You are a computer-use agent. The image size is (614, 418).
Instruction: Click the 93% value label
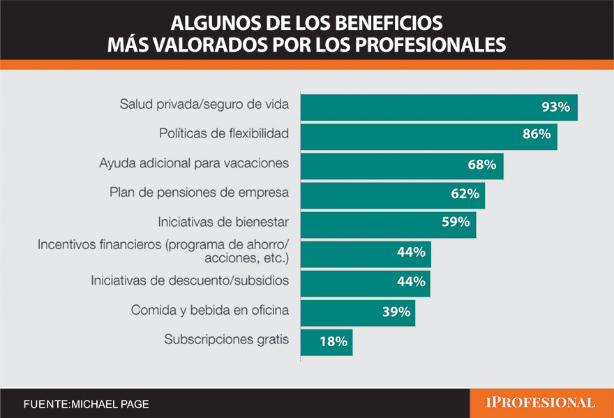(x=556, y=107)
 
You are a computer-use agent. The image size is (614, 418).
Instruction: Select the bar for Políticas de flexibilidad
(x=428, y=135)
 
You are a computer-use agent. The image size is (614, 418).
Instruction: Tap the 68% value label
(x=481, y=165)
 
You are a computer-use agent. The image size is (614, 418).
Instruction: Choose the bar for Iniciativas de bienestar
(x=388, y=225)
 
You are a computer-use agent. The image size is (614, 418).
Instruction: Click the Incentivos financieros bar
(x=365, y=253)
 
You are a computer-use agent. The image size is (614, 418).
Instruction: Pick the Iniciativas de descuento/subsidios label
(x=190, y=281)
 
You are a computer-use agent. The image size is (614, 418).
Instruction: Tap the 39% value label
(x=396, y=312)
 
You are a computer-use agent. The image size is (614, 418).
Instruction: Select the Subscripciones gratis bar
(x=326, y=342)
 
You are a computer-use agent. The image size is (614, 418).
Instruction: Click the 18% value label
(x=334, y=342)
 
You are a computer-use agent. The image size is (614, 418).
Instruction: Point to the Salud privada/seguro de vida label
(x=204, y=105)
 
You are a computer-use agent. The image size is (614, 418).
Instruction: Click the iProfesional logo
(x=541, y=403)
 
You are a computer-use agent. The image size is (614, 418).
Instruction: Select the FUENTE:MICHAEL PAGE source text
(x=86, y=404)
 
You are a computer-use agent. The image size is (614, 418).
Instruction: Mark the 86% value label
(x=537, y=135)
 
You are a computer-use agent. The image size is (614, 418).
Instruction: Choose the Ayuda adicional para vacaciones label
(x=194, y=163)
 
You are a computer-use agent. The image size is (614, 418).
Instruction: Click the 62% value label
(x=465, y=195)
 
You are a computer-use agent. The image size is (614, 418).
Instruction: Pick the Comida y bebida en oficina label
(x=210, y=310)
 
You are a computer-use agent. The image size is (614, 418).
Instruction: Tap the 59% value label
(x=456, y=224)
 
